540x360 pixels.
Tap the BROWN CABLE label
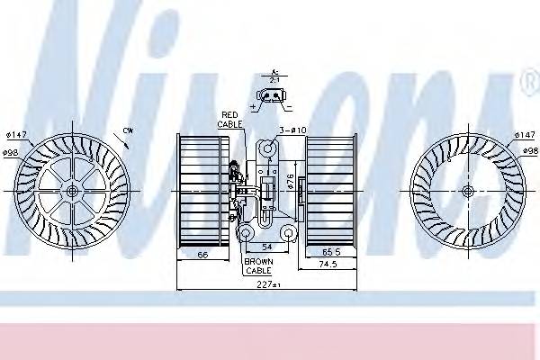point(258,265)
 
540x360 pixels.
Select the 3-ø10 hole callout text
point(292,130)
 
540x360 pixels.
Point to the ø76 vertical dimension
point(291,184)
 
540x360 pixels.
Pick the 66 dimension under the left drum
point(203,256)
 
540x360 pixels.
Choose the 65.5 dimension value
point(330,253)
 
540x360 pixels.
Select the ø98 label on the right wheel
point(526,152)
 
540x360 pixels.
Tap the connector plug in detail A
point(274,96)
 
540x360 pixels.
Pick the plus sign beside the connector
point(255,106)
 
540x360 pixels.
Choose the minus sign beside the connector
point(289,106)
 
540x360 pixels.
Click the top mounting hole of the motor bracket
point(268,148)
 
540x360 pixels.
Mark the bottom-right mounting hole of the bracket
point(288,233)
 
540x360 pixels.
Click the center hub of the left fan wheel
point(72,192)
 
